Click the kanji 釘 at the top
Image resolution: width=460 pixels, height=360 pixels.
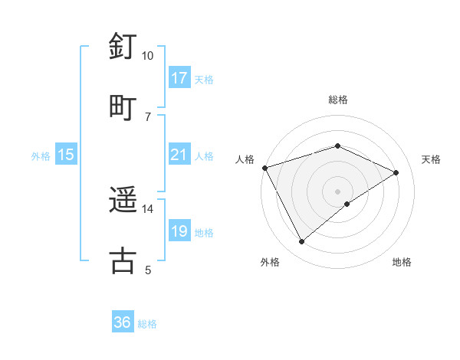(123, 47)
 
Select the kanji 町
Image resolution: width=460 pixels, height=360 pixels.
(123, 106)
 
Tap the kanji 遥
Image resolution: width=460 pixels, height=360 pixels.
(123, 200)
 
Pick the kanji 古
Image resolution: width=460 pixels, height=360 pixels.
(123, 260)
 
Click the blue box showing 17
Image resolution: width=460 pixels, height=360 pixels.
(179, 77)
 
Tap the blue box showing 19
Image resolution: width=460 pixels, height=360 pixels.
(179, 231)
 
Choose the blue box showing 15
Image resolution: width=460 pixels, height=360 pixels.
(66, 155)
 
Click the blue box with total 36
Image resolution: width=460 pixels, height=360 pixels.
(123, 322)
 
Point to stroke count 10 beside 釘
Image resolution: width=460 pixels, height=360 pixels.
(148, 56)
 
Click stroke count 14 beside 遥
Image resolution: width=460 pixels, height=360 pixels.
(148, 209)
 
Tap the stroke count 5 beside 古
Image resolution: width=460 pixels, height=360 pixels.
(148, 270)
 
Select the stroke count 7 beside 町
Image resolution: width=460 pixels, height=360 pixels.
(148, 116)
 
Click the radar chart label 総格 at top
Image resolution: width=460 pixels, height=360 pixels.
(337, 100)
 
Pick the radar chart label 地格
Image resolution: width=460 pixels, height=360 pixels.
(402, 262)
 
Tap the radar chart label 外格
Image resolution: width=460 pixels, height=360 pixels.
(270, 262)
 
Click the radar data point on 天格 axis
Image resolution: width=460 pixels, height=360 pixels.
(396, 172)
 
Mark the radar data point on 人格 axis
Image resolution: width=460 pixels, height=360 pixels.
(264, 168)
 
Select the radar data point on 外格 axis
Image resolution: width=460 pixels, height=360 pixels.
(301, 242)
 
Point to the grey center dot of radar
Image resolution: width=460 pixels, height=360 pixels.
(337, 191)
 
